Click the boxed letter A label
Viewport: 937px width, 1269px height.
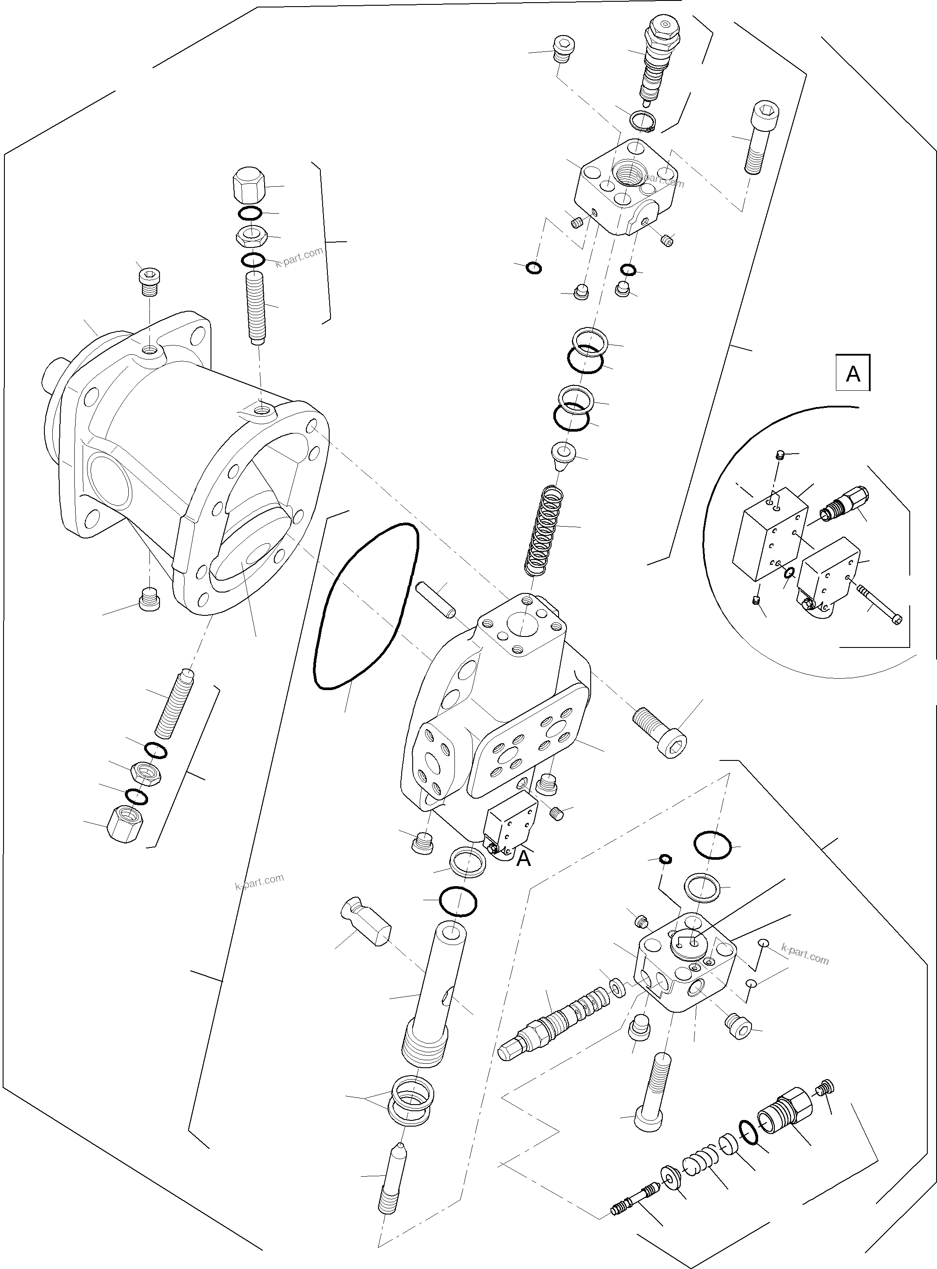coord(853,373)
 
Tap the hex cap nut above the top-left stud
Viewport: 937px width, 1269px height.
coord(250,185)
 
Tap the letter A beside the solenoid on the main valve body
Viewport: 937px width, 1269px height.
coord(523,858)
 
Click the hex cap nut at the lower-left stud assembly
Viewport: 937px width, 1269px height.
coord(125,825)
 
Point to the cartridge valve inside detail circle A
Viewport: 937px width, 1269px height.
coord(844,499)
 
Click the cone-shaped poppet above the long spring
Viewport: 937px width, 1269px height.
coord(563,455)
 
